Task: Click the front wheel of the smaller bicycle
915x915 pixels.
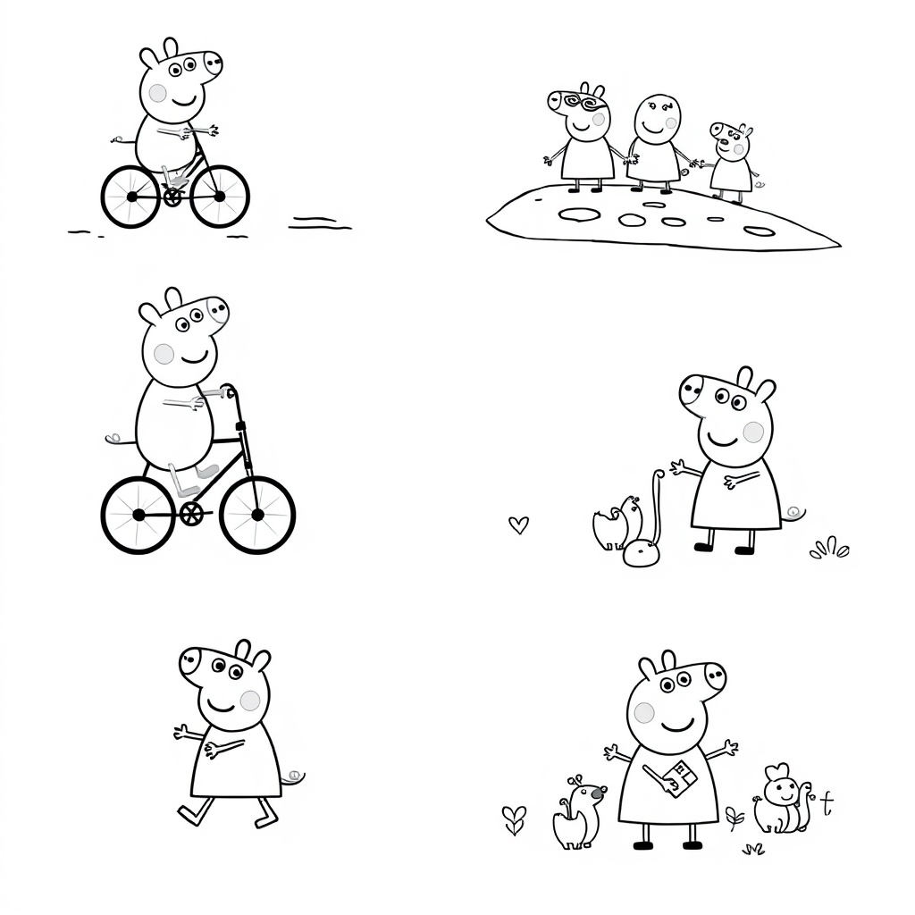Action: [x=220, y=196]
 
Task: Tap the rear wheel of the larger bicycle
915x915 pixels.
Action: [x=138, y=515]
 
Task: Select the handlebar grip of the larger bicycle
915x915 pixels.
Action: [x=230, y=391]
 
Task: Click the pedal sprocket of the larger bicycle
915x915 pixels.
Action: [x=190, y=513]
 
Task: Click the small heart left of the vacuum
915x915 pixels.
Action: [x=517, y=525]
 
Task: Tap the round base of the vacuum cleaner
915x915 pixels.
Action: [x=642, y=554]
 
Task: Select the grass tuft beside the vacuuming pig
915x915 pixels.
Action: [x=829, y=548]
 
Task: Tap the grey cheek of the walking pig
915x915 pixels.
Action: [x=250, y=700]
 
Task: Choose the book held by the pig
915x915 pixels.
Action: [x=682, y=775]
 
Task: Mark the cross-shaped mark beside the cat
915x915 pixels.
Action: [x=827, y=802]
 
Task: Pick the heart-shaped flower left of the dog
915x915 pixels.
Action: [x=514, y=817]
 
